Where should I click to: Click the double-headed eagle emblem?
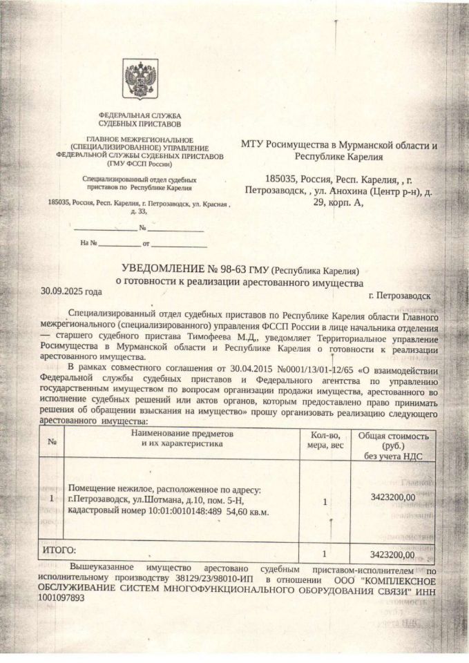coord(140,79)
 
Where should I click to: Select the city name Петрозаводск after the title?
coord(400,296)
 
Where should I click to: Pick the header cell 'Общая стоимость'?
coord(393,436)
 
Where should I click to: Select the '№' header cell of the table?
coord(52,442)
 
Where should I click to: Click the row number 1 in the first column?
coord(52,498)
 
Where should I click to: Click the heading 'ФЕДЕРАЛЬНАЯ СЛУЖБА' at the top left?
coord(140,115)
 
